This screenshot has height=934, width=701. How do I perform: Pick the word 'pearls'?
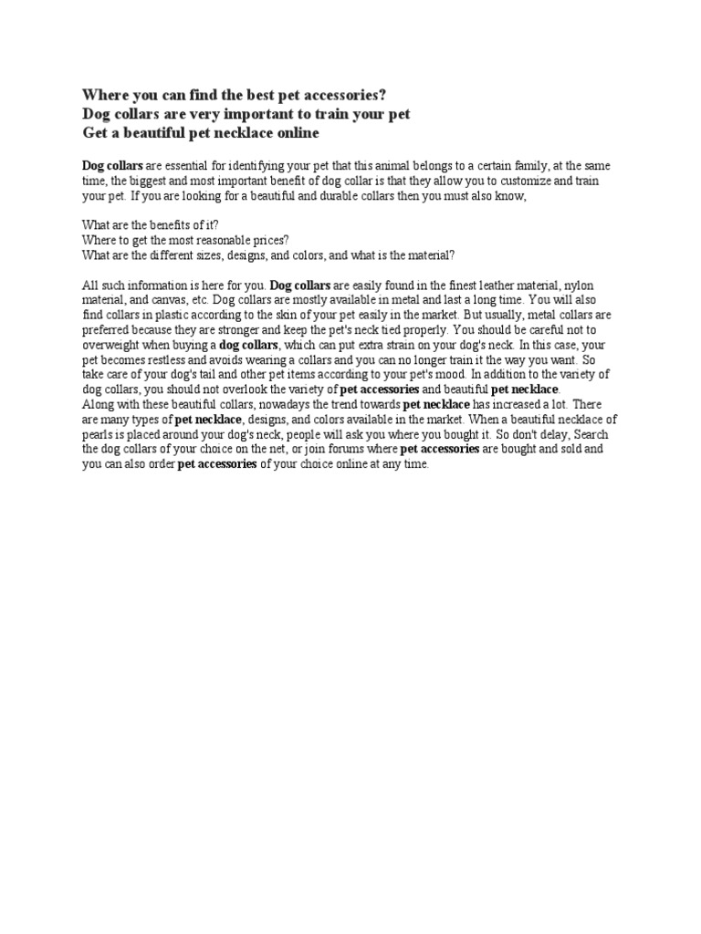99,434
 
